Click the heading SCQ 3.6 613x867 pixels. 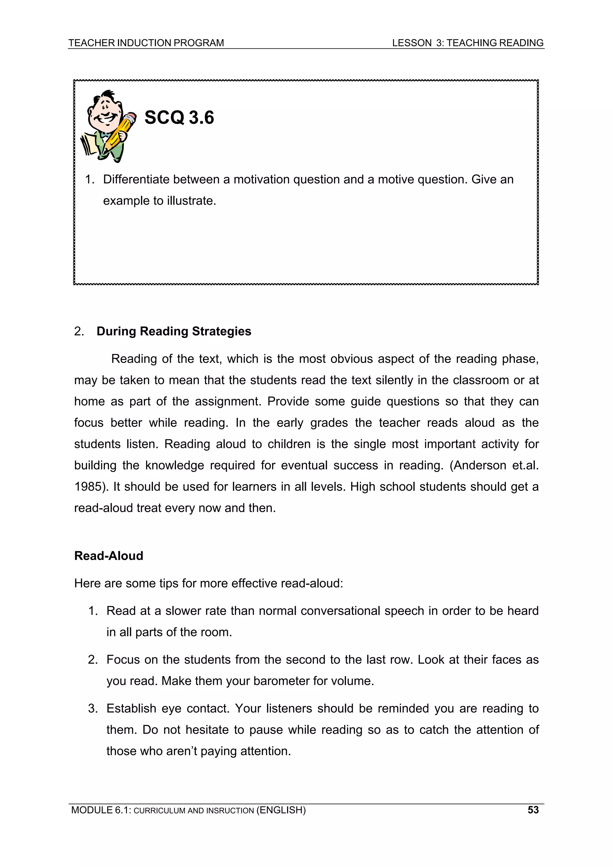tap(179, 117)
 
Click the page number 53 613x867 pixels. tap(533, 810)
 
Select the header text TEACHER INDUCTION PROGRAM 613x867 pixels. tap(146, 43)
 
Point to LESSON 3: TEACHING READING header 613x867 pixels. tap(468, 43)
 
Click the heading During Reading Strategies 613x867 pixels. tap(174, 331)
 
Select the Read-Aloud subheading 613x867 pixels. tap(109, 556)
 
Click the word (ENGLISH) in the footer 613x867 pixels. tap(281, 810)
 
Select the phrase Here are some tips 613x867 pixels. tap(126, 583)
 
